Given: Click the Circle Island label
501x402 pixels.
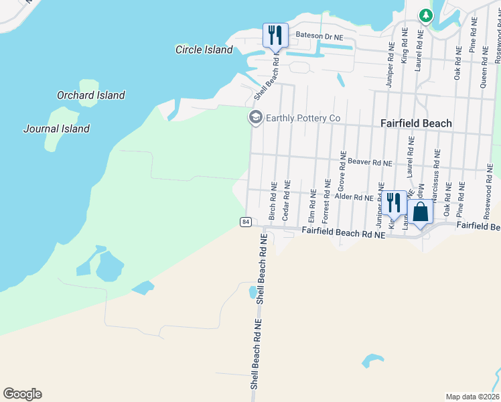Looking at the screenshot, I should pyautogui.click(x=204, y=50).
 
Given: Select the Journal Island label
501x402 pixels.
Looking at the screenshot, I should pyautogui.click(x=56, y=129).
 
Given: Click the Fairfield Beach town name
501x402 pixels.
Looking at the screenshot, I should pyautogui.click(x=416, y=123).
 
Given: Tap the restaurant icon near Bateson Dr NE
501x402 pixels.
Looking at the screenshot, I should pyautogui.click(x=275, y=35).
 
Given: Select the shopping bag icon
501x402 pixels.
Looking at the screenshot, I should pyautogui.click(x=421, y=211).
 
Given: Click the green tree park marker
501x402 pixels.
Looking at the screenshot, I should pyautogui.click(x=425, y=15).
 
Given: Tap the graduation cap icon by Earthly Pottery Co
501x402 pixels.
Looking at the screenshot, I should pyautogui.click(x=255, y=118).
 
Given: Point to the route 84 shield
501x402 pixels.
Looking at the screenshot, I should pyautogui.click(x=246, y=222).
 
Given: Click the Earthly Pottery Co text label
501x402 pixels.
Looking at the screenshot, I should pyautogui.click(x=303, y=119).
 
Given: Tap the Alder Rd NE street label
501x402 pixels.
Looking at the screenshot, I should pyautogui.click(x=353, y=197).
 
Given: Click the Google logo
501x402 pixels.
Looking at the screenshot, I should pyautogui.click(x=22, y=394).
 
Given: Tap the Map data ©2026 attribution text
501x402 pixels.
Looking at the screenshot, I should pyautogui.click(x=472, y=397).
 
